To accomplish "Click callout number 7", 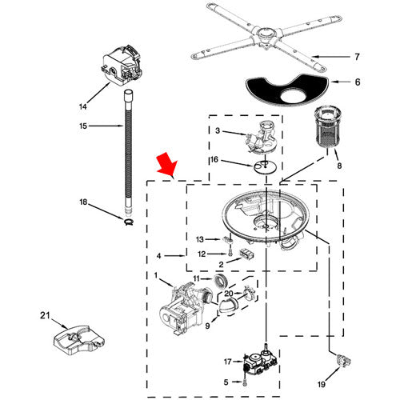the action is tap(357, 57).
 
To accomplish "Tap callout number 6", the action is tap(358, 82).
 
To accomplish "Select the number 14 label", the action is tap(82, 106).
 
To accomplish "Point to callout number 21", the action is tap(45, 315).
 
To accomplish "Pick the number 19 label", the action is tap(322, 384).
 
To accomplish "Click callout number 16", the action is tap(214, 159).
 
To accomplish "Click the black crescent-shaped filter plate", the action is tap(286, 90).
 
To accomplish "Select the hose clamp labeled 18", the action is tap(129, 221).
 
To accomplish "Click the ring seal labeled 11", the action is tap(221, 281).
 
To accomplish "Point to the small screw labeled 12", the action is tap(230, 252).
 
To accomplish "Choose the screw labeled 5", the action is tap(245, 383).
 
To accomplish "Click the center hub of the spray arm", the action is tap(265, 36).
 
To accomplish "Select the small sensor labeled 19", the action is tap(343, 361).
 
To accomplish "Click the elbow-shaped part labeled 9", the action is tap(227, 306).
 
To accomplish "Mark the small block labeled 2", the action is tap(247, 254).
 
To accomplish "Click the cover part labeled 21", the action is tap(78, 341).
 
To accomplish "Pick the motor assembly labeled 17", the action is tap(261, 362).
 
